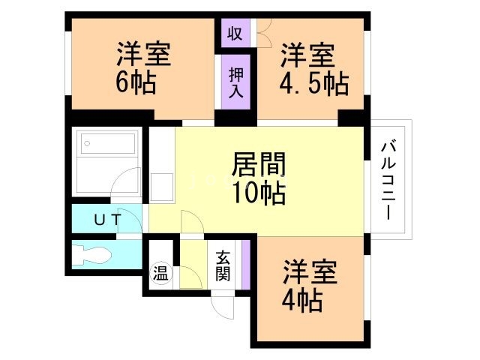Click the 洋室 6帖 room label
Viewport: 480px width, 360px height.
point(143,67)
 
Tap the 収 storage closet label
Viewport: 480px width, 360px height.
point(235,34)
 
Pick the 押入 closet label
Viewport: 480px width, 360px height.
point(235,80)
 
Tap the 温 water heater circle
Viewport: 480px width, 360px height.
point(161,271)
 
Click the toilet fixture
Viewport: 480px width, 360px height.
point(95,253)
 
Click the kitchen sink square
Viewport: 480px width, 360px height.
point(161,187)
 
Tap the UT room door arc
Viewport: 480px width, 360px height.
point(132,222)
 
